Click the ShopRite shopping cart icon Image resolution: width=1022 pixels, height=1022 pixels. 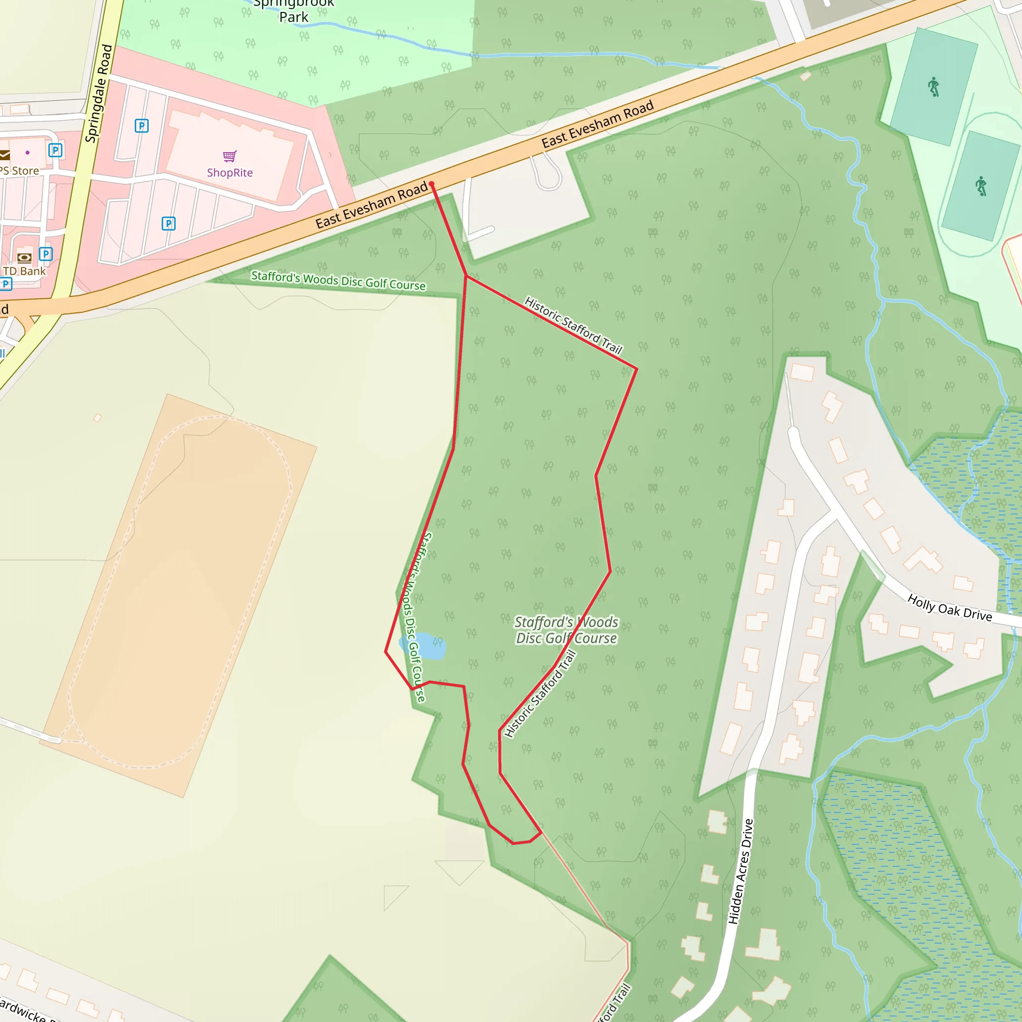(230, 156)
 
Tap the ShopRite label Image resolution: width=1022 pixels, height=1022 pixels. (230, 173)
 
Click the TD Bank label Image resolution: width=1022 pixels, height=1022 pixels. (25, 271)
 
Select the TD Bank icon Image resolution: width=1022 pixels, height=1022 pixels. (24, 258)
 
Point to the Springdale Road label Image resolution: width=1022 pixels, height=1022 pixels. (99, 94)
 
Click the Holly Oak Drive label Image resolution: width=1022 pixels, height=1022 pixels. (950, 607)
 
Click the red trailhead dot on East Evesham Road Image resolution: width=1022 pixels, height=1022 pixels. (432, 184)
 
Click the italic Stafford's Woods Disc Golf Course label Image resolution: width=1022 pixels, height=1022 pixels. (566, 630)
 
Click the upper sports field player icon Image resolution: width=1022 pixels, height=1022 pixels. (934, 87)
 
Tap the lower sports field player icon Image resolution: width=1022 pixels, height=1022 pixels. (981, 186)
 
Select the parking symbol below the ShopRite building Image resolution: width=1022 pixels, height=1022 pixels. (168, 224)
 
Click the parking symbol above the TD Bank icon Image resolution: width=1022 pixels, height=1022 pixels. (46, 255)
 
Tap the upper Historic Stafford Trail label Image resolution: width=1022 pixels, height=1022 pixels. (573, 325)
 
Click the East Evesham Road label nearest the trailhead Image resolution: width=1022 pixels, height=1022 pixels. (371, 206)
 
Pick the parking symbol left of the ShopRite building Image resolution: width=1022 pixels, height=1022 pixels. (141, 126)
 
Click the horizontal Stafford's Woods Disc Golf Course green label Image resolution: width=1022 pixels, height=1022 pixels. (338, 280)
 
